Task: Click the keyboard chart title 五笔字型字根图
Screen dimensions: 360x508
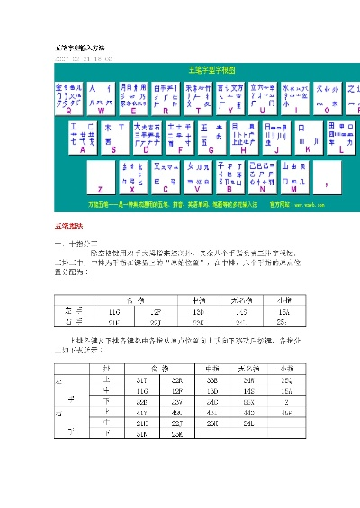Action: coord(212,68)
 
